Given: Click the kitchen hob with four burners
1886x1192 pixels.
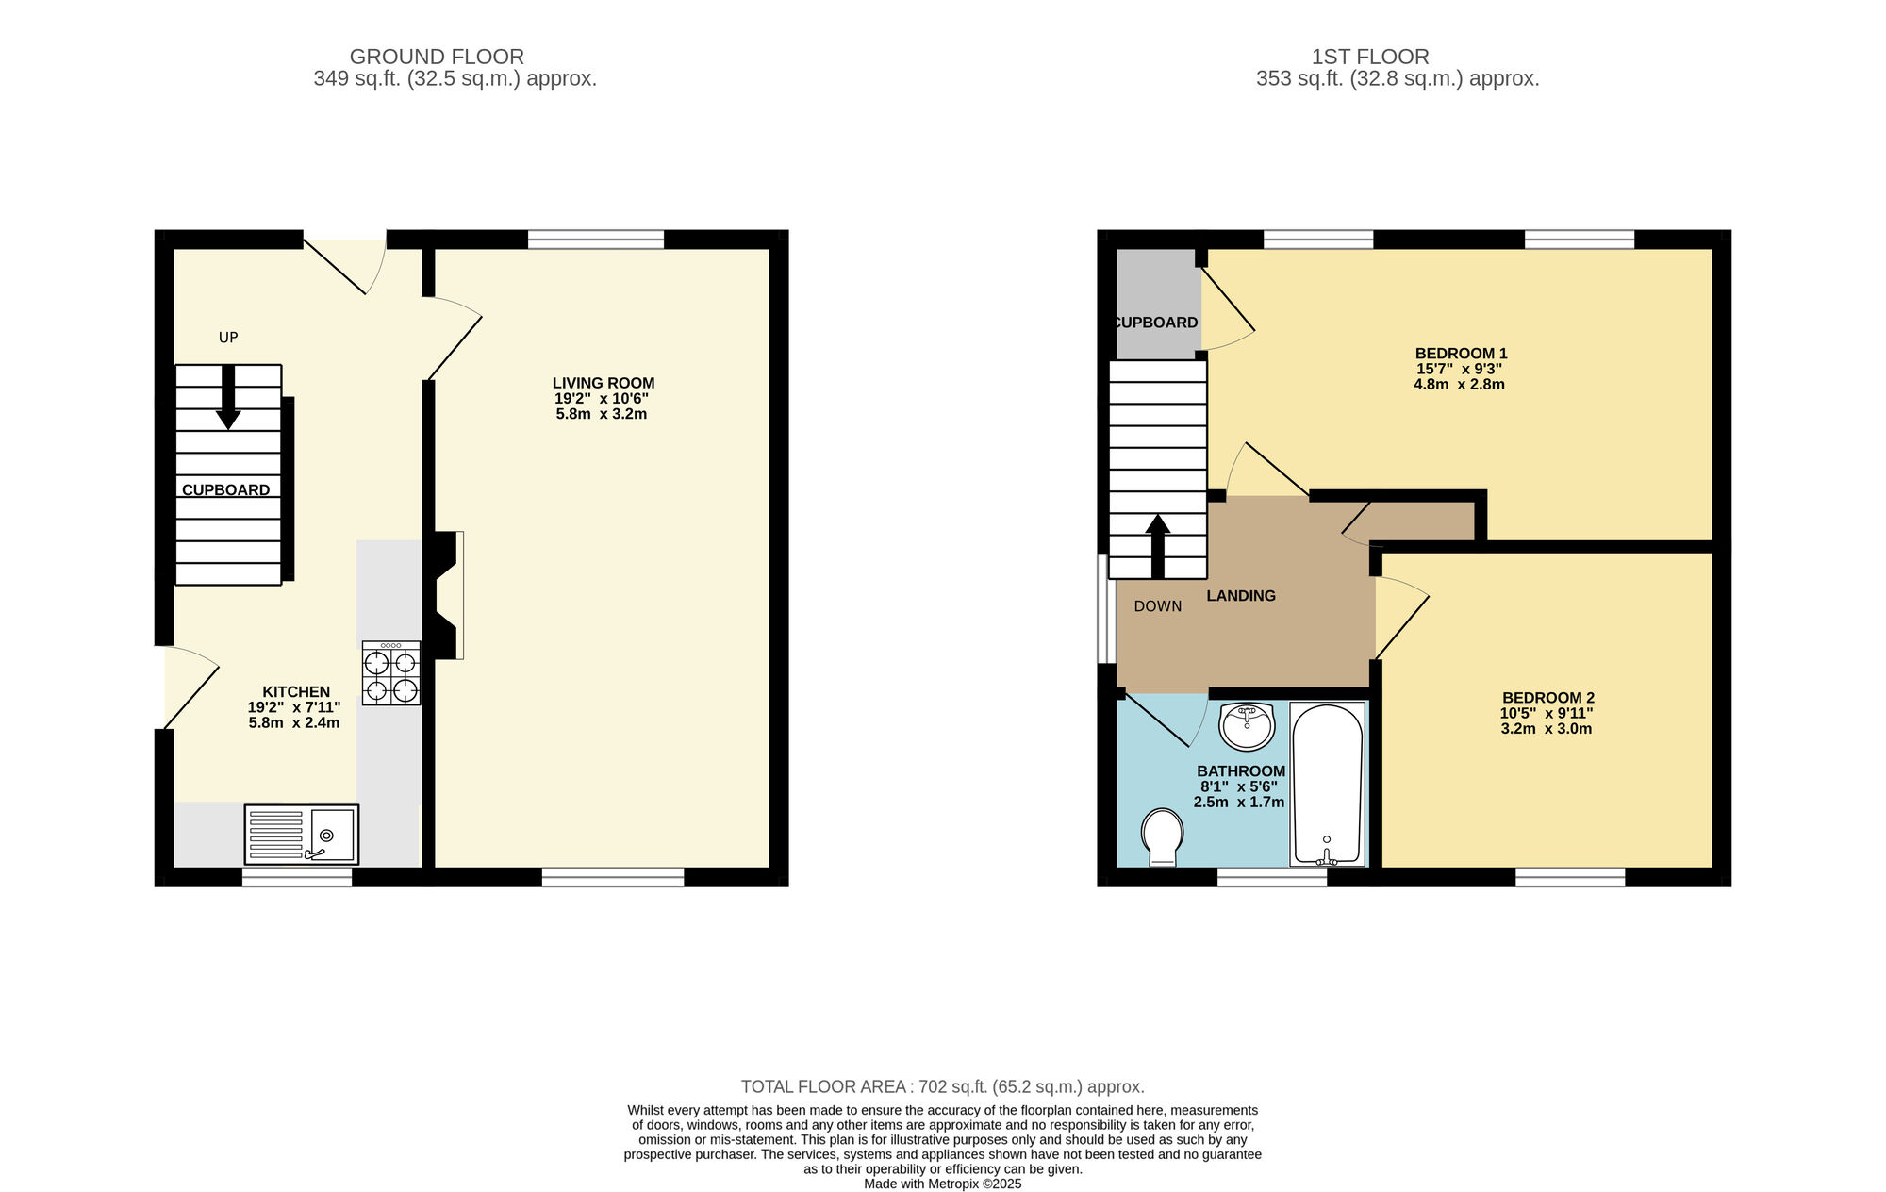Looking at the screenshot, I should [x=391, y=673].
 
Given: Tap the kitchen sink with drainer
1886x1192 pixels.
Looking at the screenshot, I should [x=301, y=835].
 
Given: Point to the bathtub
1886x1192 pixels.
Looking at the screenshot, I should [x=1327, y=785].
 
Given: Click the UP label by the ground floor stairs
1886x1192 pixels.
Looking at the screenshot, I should [x=228, y=338].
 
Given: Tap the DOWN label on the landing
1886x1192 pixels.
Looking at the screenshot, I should [x=1157, y=606].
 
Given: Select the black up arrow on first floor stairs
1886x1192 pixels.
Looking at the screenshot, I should [x=1158, y=546].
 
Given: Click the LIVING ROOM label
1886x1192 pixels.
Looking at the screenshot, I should [x=604, y=383].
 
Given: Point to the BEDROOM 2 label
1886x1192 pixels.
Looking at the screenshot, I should [x=1547, y=698].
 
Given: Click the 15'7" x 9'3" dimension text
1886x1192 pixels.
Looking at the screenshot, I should [x=1459, y=370].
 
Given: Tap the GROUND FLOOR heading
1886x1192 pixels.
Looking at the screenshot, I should [x=437, y=57].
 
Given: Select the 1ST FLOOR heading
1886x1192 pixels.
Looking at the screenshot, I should [x=1370, y=57].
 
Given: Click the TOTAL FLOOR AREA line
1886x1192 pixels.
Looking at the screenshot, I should [x=942, y=1086].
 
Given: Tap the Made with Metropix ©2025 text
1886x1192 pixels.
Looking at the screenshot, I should [x=942, y=1184].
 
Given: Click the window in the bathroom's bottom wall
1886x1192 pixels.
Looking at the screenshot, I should [x=1271, y=877].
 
